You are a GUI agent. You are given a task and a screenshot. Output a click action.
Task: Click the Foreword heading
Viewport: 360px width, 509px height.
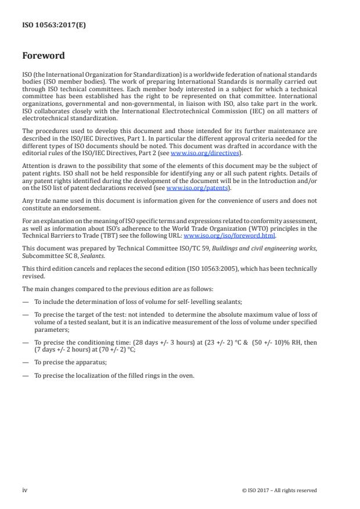tap(44, 56)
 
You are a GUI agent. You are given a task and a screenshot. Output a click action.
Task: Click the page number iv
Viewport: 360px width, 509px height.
tap(25, 490)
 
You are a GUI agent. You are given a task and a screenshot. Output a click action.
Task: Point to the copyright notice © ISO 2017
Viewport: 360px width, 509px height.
tap(279, 490)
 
